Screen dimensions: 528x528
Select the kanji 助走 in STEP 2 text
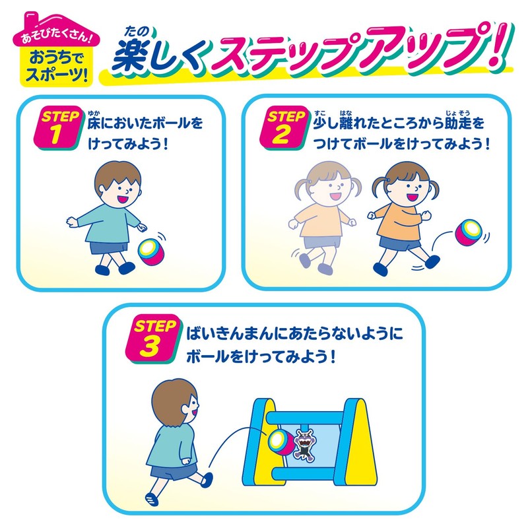click(x=457, y=123)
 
